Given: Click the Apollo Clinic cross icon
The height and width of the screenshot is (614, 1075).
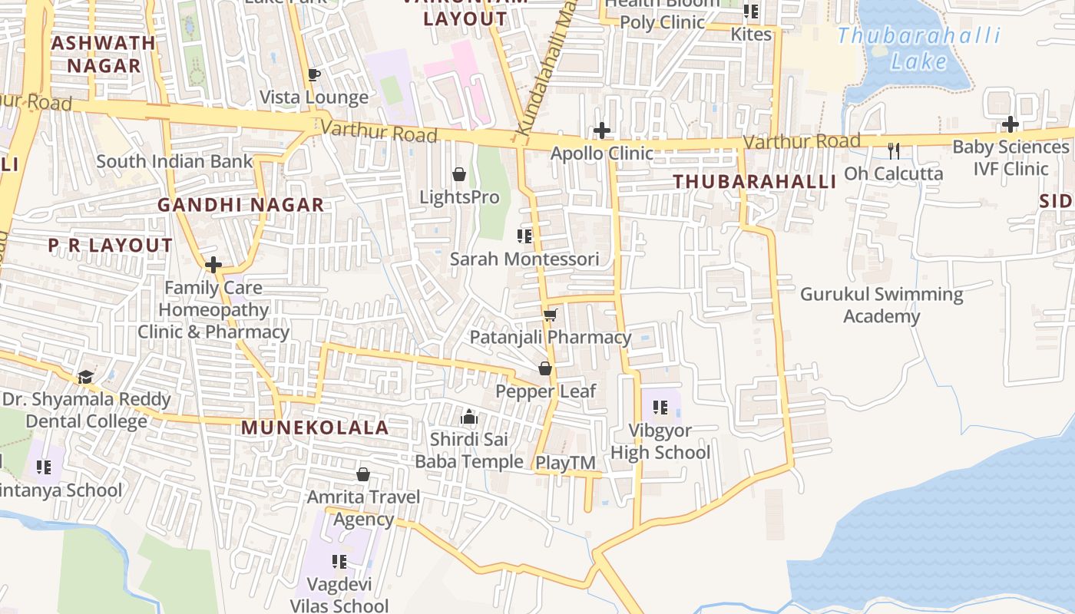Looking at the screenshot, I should click(x=602, y=130).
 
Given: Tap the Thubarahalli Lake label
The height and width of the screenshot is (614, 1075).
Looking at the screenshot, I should click(x=918, y=48).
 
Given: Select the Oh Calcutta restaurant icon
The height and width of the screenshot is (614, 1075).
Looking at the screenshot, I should click(x=893, y=150).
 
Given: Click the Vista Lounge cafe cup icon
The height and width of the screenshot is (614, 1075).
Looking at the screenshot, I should click(x=313, y=74).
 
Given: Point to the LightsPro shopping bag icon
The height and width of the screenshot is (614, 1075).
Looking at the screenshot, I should click(x=459, y=174).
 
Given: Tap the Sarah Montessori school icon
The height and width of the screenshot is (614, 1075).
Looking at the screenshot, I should click(x=524, y=236).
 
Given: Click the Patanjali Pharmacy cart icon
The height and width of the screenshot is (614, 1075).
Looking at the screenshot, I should click(x=550, y=315).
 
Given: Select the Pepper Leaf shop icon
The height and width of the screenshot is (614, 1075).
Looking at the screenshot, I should click(x=545, y=368).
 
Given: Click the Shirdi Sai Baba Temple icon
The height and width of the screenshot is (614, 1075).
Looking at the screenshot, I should click(x=468, y=418).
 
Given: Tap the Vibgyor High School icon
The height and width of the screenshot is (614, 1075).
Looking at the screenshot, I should click(x=660, y=407).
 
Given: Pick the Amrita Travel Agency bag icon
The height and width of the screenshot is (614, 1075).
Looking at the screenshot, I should click(x=363, y=474).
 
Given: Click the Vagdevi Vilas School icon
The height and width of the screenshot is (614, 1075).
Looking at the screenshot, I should click(x=339, y=562).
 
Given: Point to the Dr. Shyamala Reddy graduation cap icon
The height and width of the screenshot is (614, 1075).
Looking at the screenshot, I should click(x=85, y=377).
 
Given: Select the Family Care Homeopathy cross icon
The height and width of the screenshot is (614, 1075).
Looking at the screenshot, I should click(x=213, y=266).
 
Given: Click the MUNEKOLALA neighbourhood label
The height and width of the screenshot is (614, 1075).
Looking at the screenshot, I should click(x=315, y=427).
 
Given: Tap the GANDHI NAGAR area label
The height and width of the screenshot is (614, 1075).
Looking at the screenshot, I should click(x=240, y=205).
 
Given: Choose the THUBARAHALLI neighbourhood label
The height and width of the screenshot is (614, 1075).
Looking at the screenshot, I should click(x=754, y=182).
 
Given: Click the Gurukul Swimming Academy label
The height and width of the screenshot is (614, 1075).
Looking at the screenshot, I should click(x=881, y=305).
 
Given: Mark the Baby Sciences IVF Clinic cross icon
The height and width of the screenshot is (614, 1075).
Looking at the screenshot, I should click(x=1011, y=124).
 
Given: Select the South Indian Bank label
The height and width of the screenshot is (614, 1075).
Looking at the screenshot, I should click(x=174, y=161).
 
